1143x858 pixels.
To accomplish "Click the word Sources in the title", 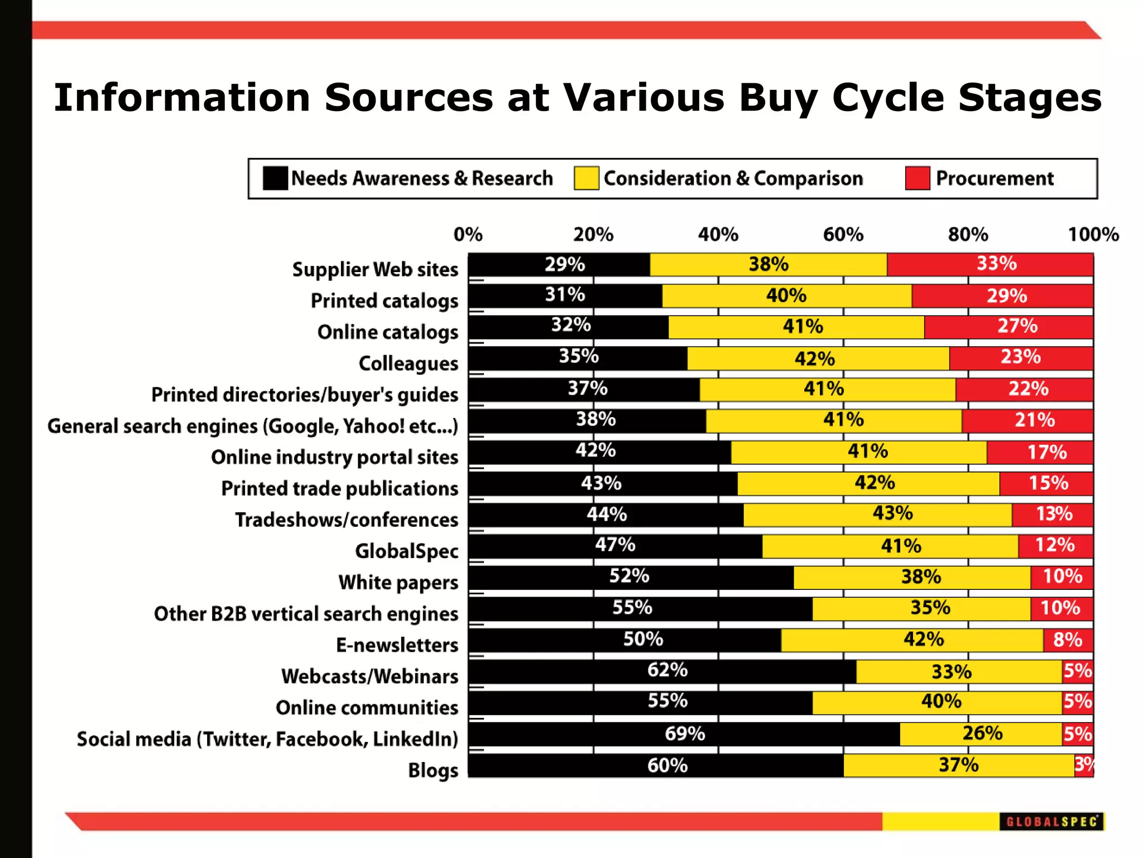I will [409, 98].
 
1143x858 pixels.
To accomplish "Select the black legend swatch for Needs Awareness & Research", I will [275, 178].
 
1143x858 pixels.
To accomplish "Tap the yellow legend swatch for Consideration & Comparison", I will [586, 178].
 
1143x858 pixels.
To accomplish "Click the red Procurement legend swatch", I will [917, 178].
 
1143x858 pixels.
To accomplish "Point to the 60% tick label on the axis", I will [843, 234].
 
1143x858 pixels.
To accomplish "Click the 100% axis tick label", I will [1093, 234].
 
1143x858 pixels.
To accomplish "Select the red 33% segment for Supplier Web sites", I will [990, 264].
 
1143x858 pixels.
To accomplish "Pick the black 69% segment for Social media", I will [684, 733].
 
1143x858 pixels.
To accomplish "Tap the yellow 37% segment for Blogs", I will [958, 765].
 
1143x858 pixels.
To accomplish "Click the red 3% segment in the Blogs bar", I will [1084, 765].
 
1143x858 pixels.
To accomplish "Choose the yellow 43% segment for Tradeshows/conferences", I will [877, 514].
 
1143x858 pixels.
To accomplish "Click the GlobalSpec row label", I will [406, 551].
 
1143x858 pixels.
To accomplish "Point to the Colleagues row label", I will [408, 363].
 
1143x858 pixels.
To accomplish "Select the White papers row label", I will [398, 582].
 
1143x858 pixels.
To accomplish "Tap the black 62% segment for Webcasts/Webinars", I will [662, 670].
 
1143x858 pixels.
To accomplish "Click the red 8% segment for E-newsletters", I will [1068, 640].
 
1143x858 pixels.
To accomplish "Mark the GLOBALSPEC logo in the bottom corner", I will [1051, 821].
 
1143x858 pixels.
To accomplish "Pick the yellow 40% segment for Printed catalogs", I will [786, 295].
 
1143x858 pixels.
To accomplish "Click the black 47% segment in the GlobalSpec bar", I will [615, 545].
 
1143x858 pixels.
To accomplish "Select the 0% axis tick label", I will [468, 234].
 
